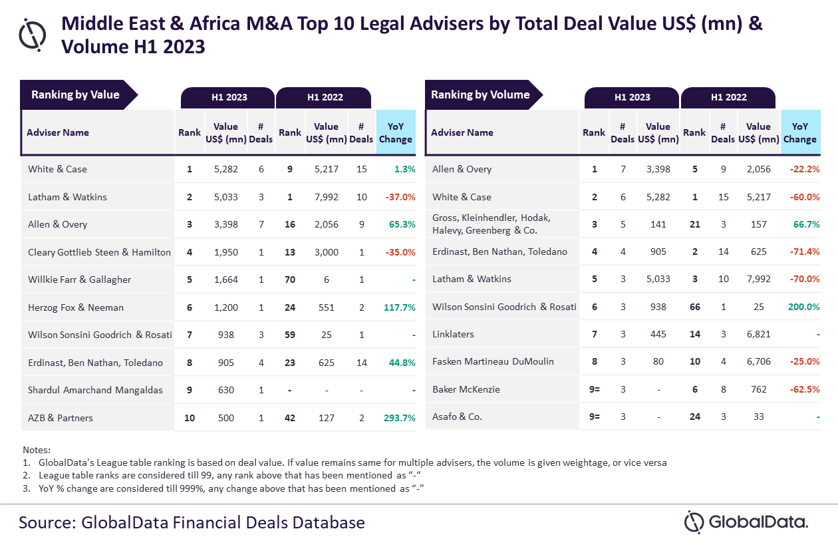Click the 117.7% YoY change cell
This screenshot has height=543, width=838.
pos(399,307)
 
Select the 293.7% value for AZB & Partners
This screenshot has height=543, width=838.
pos(399,418)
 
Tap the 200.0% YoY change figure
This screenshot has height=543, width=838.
pos(803,307)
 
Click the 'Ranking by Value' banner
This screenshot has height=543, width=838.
pos(76,95)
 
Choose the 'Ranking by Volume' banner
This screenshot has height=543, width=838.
pos(480,95)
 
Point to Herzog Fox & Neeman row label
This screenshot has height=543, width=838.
pos(76,307)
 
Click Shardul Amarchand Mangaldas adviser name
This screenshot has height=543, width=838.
pos(95,390)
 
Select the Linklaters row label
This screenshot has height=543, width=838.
pos(454,334)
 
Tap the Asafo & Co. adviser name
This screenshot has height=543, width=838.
pos(457,417)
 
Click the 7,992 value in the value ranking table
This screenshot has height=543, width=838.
pos(326,197)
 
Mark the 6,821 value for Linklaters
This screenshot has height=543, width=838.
pos(758,334)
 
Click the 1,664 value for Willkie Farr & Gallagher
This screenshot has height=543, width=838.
pos(225,279)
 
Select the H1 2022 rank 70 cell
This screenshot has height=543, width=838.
pos(290,279)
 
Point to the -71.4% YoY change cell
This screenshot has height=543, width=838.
pos(803,252)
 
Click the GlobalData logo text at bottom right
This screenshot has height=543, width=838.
pos(758,522)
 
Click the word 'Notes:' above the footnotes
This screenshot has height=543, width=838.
pos(37,450)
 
